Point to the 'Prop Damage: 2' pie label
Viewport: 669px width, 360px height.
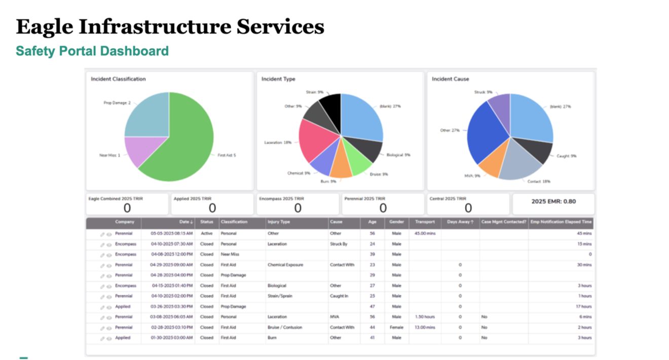117,103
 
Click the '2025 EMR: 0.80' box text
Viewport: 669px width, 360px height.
553,201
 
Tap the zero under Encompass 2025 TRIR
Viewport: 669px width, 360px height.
298,208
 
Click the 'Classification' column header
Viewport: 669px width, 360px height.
234,222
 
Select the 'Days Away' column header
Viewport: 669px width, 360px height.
459,222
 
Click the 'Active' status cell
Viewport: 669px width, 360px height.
207,234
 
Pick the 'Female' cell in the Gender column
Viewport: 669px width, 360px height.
397,328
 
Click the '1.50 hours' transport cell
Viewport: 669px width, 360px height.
425,317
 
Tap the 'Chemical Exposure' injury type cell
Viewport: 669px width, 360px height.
285,265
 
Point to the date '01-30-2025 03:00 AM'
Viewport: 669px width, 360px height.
172,338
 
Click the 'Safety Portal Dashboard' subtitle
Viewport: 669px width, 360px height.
92,51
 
